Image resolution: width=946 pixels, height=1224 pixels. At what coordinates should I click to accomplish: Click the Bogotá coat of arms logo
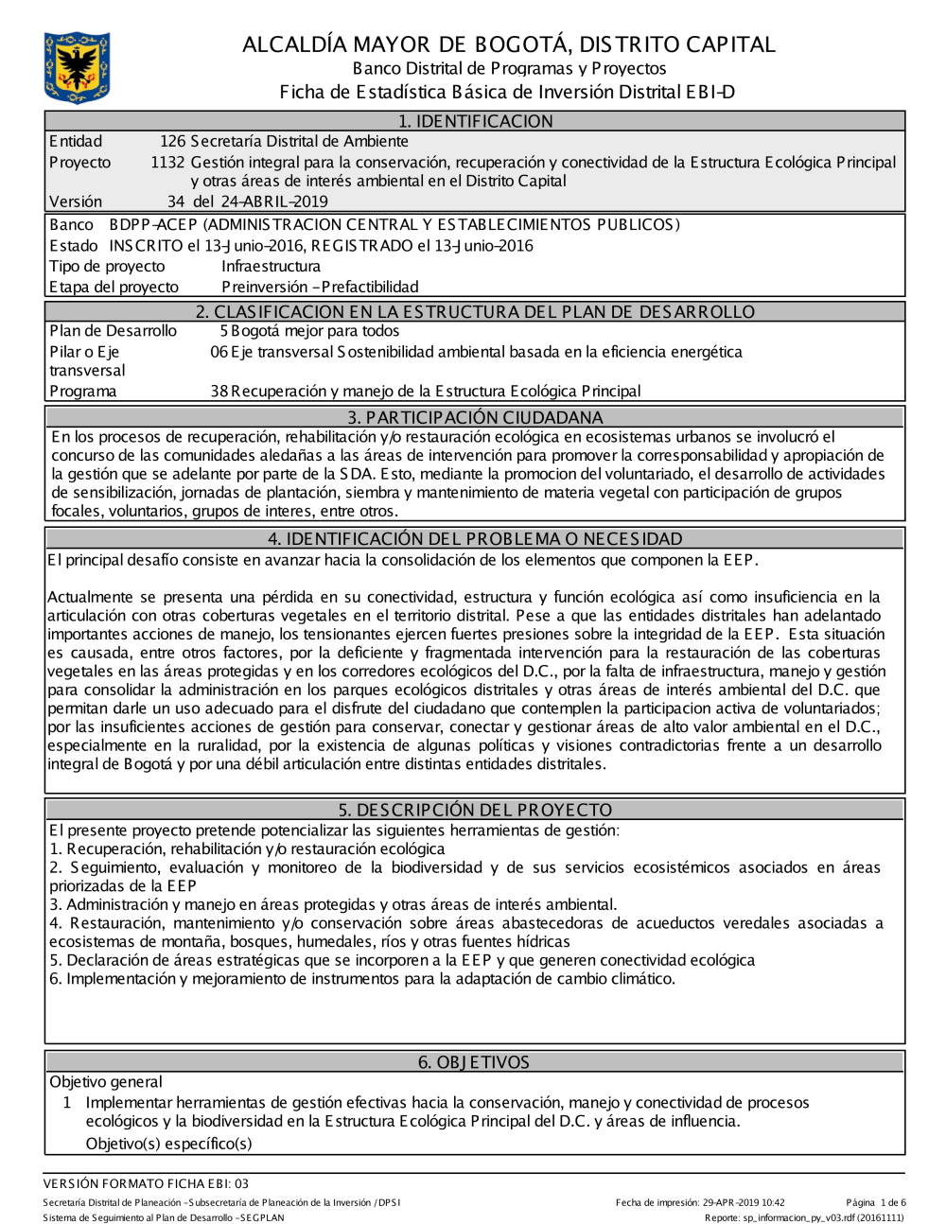pyautogui.click(x=77, y=68)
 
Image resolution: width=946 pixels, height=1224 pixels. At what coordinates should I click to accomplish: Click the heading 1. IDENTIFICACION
pyautogui.click(x=475, y=121)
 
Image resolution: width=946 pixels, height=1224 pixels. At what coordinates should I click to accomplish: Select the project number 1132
pyautogui.click(x=167, y=162)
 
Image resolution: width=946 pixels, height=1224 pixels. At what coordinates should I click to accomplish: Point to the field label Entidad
pyautogui.click(x=76, y=141)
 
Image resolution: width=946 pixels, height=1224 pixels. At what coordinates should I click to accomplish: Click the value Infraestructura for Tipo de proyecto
pyautogui.click(x=271, y=266)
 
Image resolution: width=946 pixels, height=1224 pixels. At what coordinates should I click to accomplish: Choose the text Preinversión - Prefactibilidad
pyautogui.click(x=320, y=287)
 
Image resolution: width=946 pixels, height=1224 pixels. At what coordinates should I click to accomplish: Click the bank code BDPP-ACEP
pyautogui.click(x=153, y=224)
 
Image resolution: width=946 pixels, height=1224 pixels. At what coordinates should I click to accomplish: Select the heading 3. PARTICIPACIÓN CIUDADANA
pyautogui.click(x=475, y=417)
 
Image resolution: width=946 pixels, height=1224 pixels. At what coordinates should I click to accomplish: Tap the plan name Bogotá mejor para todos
pyautogui.click(x=315, y=331)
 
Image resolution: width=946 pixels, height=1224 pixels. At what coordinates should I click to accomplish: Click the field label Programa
pyautogui.click(x=83, y=391)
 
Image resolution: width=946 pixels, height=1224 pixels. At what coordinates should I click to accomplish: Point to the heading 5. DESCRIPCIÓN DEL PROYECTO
pyautogui.click(x=475, y=810)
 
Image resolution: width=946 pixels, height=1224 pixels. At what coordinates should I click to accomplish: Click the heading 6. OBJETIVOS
pyautogui.click(x=474, y=1062)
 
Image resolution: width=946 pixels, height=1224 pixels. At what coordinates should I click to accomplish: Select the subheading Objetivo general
pyautogui.click(x=106, y=1082)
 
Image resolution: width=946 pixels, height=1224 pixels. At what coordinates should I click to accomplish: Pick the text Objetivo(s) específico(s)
pyautogui.click(x=168, y=1143)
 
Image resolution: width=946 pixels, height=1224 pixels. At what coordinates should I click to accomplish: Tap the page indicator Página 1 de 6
pyautogui.click(x=875, y=1203)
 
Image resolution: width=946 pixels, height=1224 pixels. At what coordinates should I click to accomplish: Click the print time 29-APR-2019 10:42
pyautogui.click(x=744, y=1203)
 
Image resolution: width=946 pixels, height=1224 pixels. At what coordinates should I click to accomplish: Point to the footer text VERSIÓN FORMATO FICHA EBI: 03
pyautogui.click(x=146, y=1183)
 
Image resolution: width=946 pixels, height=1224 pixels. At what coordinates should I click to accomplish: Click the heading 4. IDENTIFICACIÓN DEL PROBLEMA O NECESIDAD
pyautogui.click(x=475, y=539)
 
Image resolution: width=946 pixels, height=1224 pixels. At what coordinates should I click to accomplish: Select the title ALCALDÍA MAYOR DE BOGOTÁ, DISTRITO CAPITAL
pyautogui.click(x=508, y=44)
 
